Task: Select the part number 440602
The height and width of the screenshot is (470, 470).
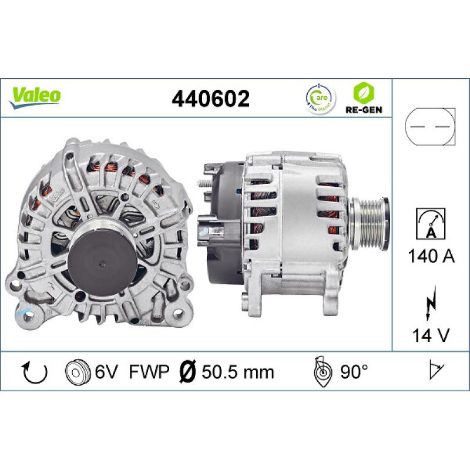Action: coord(210,98)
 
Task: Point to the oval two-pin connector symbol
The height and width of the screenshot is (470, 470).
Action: coord(430,126)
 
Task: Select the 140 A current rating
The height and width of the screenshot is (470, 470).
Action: coord(430,256)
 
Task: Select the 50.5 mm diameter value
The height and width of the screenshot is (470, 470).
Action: coord(238,371)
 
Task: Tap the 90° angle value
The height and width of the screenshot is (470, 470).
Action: coord(352,371)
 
